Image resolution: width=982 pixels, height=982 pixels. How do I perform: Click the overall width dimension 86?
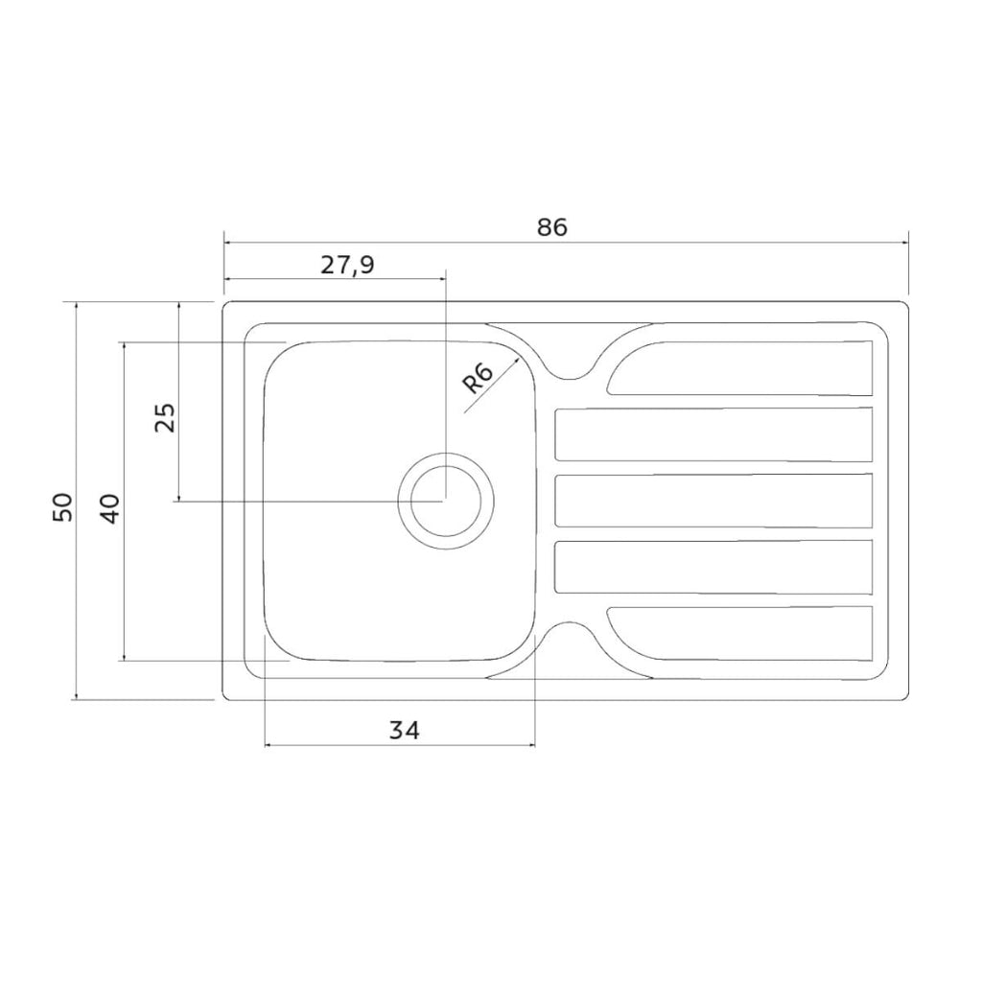(551, 226)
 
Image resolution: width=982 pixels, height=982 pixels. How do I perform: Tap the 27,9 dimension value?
(347, 265)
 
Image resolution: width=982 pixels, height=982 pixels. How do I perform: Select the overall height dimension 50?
(62, 507)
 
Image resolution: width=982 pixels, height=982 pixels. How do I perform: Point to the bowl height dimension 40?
(110, 508)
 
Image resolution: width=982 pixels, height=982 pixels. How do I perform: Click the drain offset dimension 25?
(165, 418)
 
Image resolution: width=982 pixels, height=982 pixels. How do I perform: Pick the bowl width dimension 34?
(404, 730)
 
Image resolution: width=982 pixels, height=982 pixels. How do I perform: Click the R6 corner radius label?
(478, 378)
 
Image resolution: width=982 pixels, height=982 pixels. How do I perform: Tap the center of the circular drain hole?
(446, 501)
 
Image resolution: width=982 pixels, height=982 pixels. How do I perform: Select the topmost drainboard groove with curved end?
(740, 369)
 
